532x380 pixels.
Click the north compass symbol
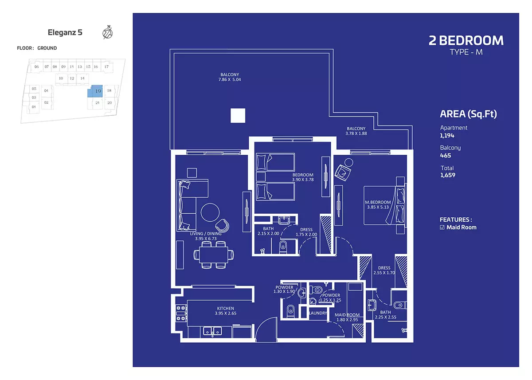coord(108,32)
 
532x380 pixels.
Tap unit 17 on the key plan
coord(107,67)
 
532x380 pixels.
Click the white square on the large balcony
coord(238,116)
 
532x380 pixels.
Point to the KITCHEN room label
coord(225,308)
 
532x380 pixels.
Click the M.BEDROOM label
coord(378,202)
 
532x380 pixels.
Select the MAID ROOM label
coord(347,315)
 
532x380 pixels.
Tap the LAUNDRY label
coord(318,313)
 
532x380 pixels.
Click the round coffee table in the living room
coord(210,212)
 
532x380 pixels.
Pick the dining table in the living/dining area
coord(214,255)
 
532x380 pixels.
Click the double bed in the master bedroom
coord(384,205)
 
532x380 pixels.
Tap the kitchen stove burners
coord(181,313)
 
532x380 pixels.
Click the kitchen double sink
coord(212,331)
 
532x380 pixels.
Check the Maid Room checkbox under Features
coord(442,227)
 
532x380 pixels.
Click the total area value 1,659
coord(448,175)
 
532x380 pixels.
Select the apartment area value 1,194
coord(447,136)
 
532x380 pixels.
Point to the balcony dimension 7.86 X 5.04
coord(230,79)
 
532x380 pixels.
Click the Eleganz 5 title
coord(65,32)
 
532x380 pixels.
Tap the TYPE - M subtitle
coord(466,52)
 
